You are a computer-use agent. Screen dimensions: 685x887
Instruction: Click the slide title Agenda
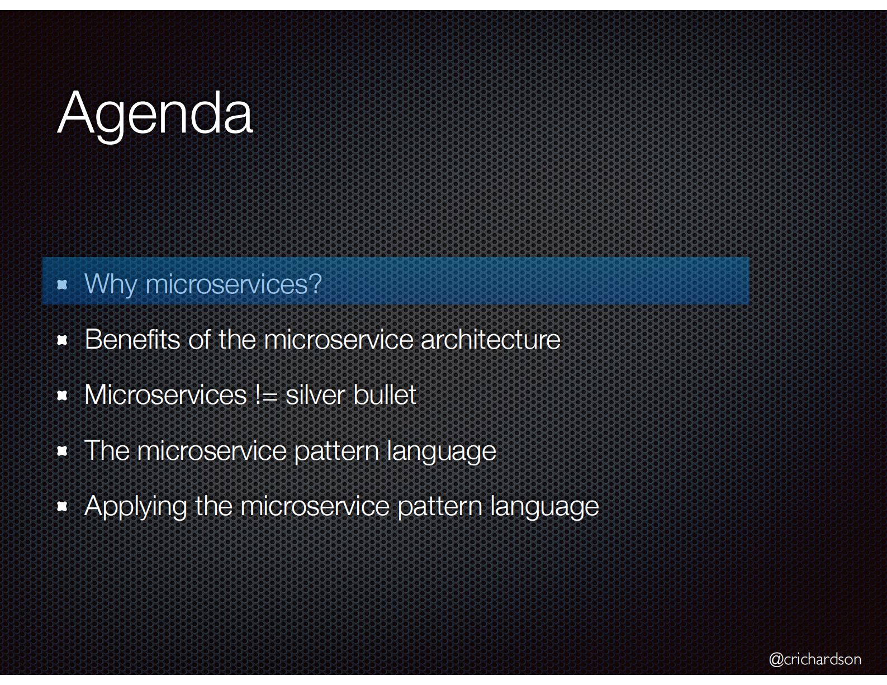click(x=155, y=113)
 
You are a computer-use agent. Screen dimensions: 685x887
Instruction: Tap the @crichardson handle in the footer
click(x=815, y=659)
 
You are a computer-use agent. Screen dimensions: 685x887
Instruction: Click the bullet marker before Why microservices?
click(x=63, y=285)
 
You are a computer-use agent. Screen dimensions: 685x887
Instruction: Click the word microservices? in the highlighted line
click(x=234, y=284)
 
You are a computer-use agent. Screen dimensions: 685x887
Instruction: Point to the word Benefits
click(x=132, y=339)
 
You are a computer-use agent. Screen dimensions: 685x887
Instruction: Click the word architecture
click(x=490, y=339)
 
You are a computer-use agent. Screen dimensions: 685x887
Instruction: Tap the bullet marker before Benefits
click(x=63, y=340)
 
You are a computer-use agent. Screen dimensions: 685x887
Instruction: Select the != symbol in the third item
click(x=266, y=395)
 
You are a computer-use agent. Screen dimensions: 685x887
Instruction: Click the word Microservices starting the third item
click(x=165, y=395)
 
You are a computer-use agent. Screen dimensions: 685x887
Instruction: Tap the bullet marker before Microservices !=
click(x=63, y=396)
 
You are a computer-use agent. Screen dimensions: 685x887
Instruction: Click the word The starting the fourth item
click(x=107, y=450)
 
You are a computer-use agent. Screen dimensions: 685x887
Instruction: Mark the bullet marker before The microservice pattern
click(x=63, y=451)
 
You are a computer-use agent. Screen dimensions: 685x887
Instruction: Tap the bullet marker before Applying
click(x=63, y=506)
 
